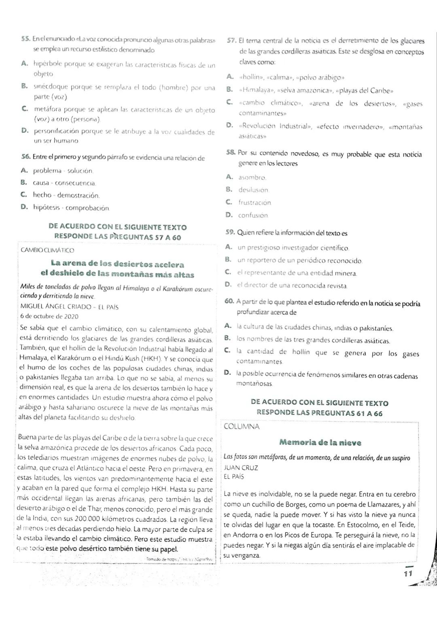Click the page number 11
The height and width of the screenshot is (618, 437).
pyautogui.click(x=407, y=573)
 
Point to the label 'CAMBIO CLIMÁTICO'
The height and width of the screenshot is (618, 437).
pyautogui.click(x=47, y=250)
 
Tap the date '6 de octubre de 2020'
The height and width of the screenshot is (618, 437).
pyautogui.click(x=49, y=316)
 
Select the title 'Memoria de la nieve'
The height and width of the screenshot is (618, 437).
pyautogui.click(x=320, y=442)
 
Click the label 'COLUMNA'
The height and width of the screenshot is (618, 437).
pyautogui.click(x=242, y=426)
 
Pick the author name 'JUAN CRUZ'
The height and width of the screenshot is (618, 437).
pyautogui.click(x=241, y=468)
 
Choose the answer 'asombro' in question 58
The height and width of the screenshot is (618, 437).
pyautogui.click(x=252, y=177)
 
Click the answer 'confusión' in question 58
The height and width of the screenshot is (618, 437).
pyautogui.click(x=253, y=215)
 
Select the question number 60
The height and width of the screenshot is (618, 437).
pyautogui.click(x=229, y=301)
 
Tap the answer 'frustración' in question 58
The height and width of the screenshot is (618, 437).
pyautogui.click(x=255, y=202)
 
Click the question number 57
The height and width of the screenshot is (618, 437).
pyautogui.click(x=231, y=40)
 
